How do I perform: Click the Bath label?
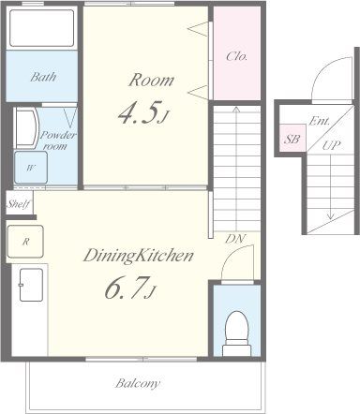[x=43, y=77]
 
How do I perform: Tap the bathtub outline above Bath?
[x=41, y=28]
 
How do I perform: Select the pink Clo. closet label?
[x=237, y=56]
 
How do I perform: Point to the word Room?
[x=151, y=81]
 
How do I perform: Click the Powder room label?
[x=58, y=140]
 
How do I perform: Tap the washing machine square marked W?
[x=31, y=168]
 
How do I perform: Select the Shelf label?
[x=19, y=204]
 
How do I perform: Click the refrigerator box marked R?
[x=25, y=242]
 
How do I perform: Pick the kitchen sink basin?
[x=31, y=285]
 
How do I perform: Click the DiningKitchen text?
[x=138, y=256]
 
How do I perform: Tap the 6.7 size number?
[x=129, y=288]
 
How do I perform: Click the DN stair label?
[x=235, y=239]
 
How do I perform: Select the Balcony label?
[x=138, y=383]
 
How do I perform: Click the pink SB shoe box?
[x=292, y=139]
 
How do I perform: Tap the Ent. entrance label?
[x=319, y=121]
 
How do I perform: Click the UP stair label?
[x=331, y=145]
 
